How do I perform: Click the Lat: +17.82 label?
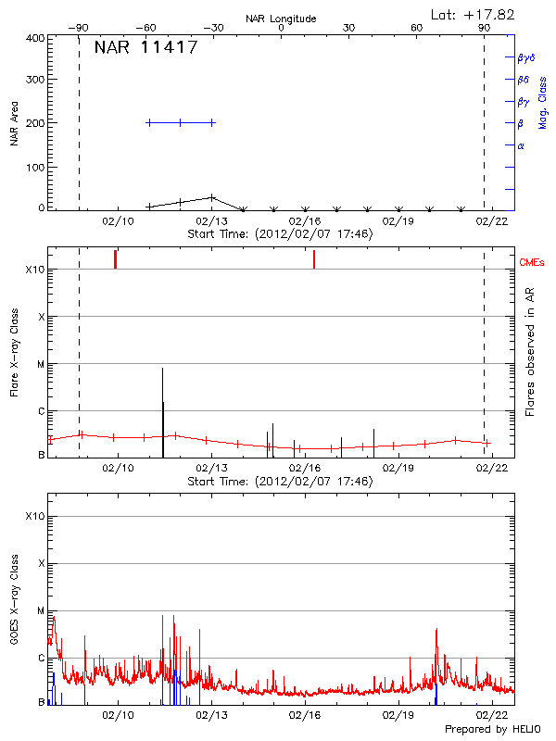pos(474,14)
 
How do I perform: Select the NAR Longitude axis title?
pos(281,19)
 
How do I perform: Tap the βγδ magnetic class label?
pos(525,57)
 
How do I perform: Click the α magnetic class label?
pos(521,145)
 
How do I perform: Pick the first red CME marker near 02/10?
pos(115,259)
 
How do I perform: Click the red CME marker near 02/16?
pos(314,259)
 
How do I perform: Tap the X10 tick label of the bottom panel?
pos(35,516)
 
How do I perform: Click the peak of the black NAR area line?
pos(212,196)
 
